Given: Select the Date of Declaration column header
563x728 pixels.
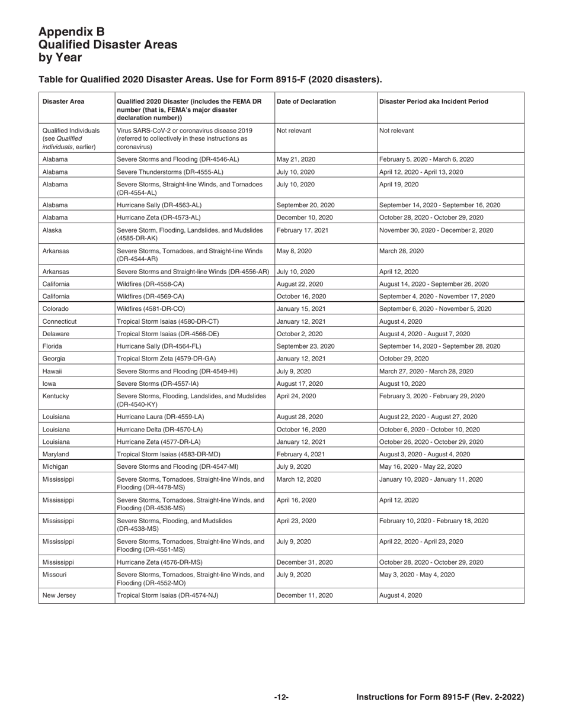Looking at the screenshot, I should click(x=306, y=101).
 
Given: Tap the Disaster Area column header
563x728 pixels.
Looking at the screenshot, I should click(x=63, y=101).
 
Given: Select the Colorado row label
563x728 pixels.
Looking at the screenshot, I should click(x=56, y=308).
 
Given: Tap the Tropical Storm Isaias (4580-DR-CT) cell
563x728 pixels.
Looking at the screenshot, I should click(x=168, y=321).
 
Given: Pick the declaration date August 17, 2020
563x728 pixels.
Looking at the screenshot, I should click(x=300, y=384).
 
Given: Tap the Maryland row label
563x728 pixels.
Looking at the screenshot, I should click(x=56, y=454).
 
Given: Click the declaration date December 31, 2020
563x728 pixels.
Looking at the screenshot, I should click(x=305, y=562).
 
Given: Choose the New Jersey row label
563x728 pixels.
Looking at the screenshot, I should click(x=59, y=595).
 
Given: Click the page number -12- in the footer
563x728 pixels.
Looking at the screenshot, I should click(x=281, y=698).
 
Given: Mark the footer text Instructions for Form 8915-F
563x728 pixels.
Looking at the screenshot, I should click(x=440, y=698).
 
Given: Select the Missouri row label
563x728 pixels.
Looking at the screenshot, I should click(x=55, y=575).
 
